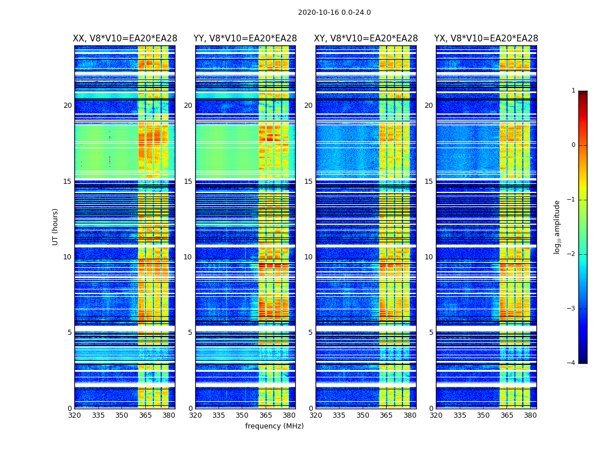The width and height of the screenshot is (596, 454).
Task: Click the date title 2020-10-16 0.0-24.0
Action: coord(334,12)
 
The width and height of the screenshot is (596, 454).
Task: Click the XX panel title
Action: coord(125,39)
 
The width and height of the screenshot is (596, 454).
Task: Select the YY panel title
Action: coord(245,39)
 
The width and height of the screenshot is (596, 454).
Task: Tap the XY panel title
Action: coord(366,39)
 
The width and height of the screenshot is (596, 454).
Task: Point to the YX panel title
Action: coord(486,39)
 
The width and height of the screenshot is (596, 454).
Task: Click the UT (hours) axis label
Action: coord(56,226)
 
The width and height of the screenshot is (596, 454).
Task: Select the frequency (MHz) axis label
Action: coord(274,426)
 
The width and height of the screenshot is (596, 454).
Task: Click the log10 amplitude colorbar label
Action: coord(557,226)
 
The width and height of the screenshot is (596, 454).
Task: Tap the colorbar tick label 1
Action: coord(573,91)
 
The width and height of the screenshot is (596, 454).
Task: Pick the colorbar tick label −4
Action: coord(572,363)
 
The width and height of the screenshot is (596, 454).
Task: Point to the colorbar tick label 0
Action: coord(573,145)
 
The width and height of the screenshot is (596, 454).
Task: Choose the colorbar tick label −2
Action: coord(572,254)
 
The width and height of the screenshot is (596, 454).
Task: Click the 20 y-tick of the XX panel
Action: coord(68,106)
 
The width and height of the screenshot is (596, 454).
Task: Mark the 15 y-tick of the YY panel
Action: coord(187,182)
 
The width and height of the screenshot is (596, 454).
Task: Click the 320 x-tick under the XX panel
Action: coord(74,415)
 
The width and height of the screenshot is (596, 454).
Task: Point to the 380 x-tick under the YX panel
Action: coord(530,415)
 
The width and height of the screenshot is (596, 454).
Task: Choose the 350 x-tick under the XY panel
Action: coord(363,415)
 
